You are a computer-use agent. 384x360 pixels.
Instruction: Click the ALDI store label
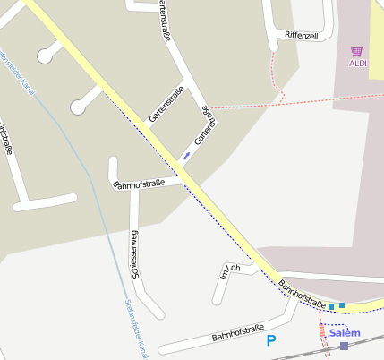(358, 64)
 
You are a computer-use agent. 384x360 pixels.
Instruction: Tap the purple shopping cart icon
(358, 51)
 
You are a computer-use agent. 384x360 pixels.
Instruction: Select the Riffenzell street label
(301, 34)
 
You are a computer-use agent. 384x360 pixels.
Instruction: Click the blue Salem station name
(345, 333)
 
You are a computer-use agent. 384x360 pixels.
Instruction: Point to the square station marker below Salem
(344, 346)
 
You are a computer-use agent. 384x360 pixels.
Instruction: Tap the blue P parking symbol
(272, 340)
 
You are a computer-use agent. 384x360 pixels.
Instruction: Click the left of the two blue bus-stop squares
(331, 307)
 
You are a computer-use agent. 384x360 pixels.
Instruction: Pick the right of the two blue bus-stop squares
(342, 305)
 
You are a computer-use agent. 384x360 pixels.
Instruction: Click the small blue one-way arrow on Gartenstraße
(186, 156)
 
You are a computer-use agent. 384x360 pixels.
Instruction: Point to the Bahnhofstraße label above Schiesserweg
(139, 184)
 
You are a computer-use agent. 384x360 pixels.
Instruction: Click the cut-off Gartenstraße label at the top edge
(164, 20)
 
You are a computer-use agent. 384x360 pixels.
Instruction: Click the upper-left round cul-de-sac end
(45, 56)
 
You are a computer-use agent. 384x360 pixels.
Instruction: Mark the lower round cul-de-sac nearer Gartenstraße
(79, 107)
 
